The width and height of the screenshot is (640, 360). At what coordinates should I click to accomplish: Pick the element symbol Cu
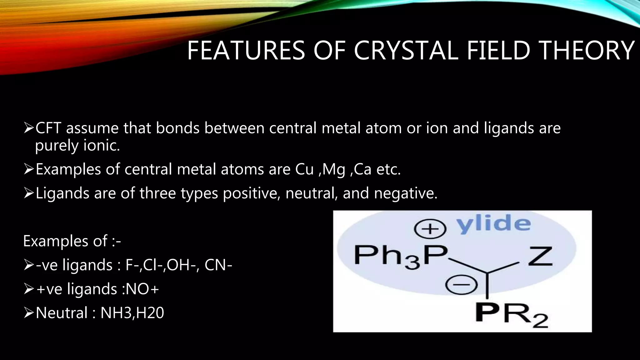(x=304, y=169)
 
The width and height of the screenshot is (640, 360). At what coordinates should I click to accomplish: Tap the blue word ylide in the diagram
(x=494, y=224)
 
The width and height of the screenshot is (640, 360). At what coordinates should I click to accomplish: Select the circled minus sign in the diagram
(x=462, y=285)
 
